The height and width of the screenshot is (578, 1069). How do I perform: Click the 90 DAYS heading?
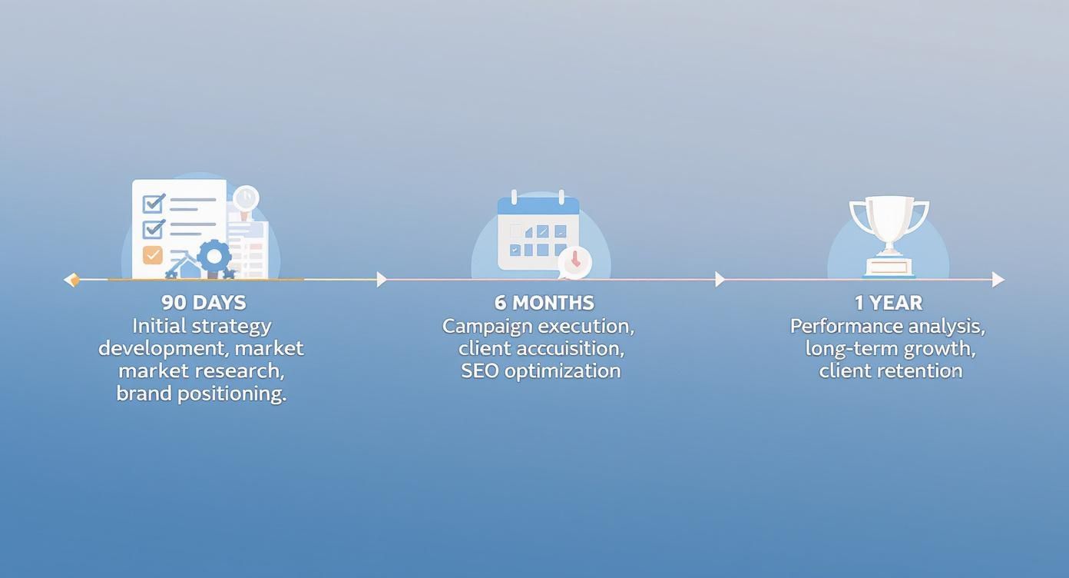coord(204,302)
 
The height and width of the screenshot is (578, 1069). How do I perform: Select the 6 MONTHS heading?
coord(544,302)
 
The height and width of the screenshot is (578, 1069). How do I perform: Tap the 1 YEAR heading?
coord(889,302)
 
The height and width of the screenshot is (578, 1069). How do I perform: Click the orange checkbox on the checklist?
coord(153,254)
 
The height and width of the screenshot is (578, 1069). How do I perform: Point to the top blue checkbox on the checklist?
coord(154,203)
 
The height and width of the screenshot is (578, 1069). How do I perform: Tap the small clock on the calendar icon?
coord(575,261)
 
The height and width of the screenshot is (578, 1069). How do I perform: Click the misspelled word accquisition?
coord(569,348)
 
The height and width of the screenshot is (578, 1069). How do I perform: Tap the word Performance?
coord(838,326)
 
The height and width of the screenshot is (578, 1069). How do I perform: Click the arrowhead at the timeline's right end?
coord(998,280)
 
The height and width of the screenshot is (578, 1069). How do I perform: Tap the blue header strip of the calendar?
coord(538,206)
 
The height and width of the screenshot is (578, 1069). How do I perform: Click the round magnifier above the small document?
coord(246,198)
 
